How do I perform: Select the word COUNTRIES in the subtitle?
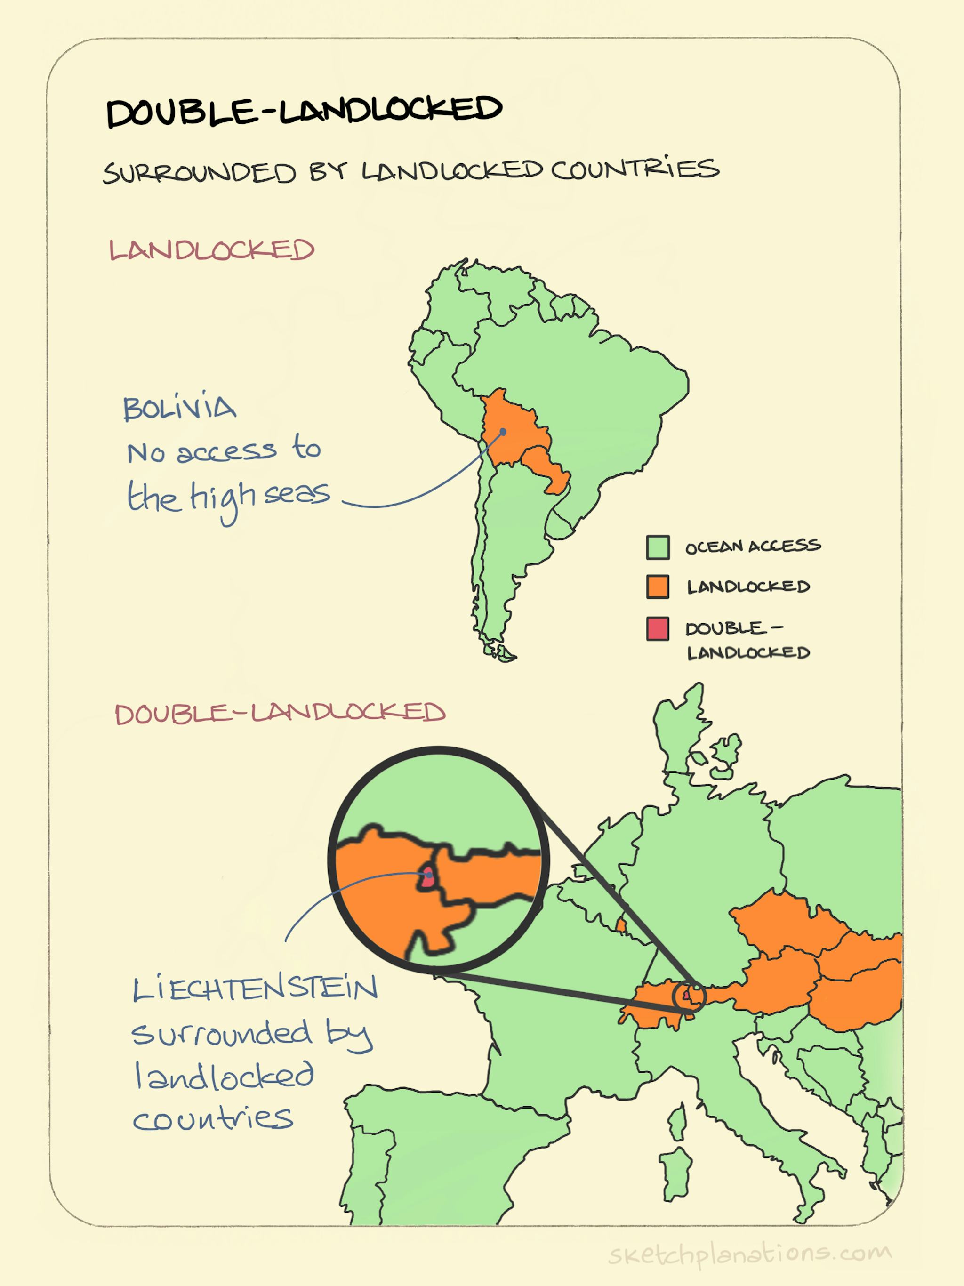point(635,170)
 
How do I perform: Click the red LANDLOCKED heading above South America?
point(212,250)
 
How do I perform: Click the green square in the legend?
point(658,547)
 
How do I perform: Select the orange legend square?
point(658,587)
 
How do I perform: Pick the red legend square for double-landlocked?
point(658,629)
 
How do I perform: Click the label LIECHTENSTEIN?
point(255,989)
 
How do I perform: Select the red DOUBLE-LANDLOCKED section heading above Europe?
point(280,713)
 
